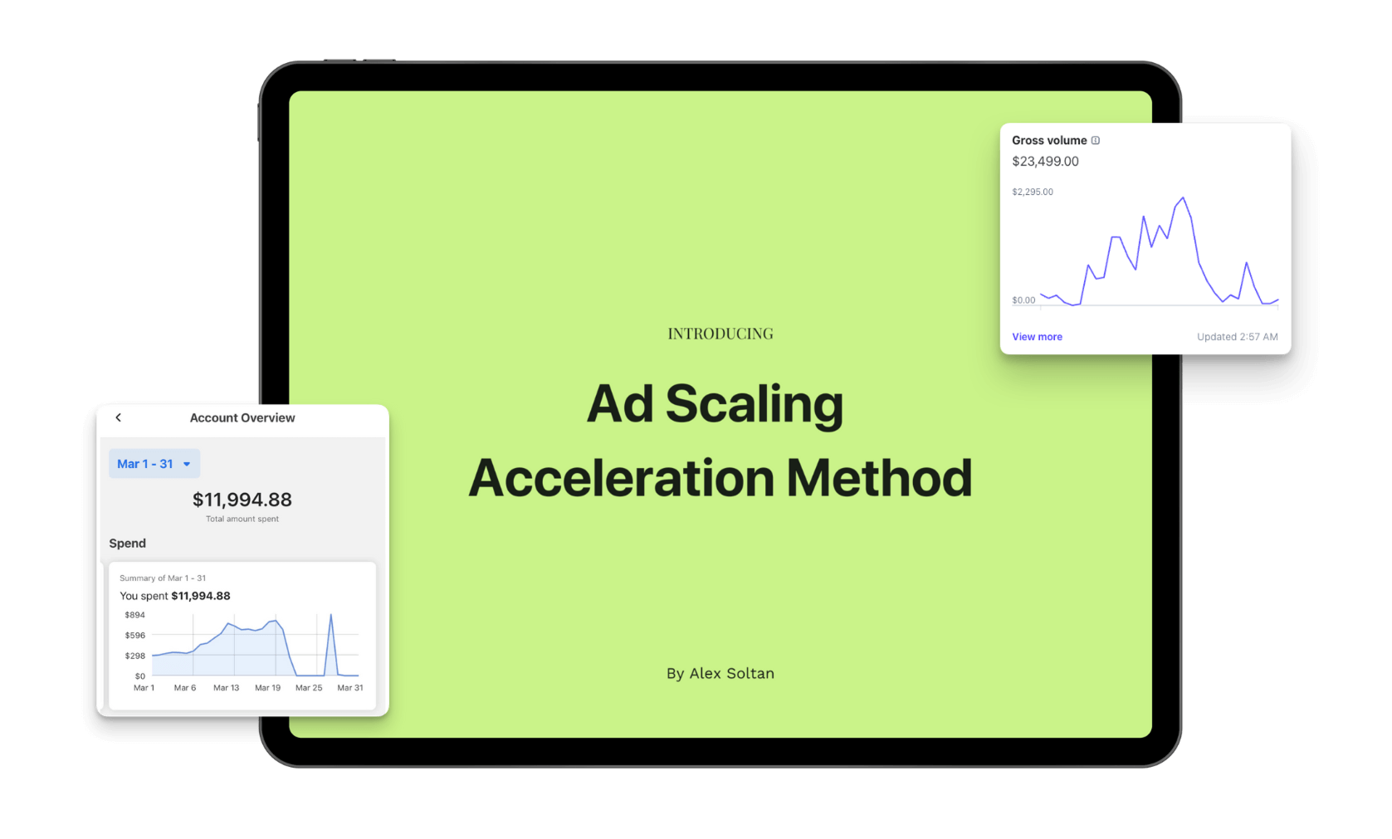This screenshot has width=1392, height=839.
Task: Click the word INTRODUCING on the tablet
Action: [720, 334]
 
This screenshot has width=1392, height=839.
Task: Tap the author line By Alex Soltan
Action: [720, 673]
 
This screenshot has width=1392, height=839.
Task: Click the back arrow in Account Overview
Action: [118, 417]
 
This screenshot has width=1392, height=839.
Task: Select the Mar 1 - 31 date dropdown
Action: [154, 464]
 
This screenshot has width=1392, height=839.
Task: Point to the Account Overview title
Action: [242, 417]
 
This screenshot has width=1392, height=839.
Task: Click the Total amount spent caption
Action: [242, 519]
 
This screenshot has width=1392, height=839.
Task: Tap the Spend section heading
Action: [127, 544]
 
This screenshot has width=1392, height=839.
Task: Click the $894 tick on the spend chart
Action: [134, 615]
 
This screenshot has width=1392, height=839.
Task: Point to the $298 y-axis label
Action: [134, 656]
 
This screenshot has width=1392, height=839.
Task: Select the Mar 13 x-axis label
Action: [227, 687]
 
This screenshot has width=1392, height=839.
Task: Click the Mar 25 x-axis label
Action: [309, 687]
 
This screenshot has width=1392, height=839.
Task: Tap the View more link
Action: [1038, 337]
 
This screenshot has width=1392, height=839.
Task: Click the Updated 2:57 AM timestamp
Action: [1238, 337]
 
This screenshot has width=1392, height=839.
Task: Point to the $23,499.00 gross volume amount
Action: [1045, 162]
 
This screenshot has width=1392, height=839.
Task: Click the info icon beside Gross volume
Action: [1096, 140]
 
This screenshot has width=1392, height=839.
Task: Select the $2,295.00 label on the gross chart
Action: [1033, 192]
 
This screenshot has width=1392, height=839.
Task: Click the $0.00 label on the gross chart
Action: [1023, 300]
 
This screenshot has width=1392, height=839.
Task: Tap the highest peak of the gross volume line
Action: [1183, 198]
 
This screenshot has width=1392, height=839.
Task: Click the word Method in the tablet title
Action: [879, 478]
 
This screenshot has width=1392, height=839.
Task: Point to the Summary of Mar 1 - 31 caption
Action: [162, 578]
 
